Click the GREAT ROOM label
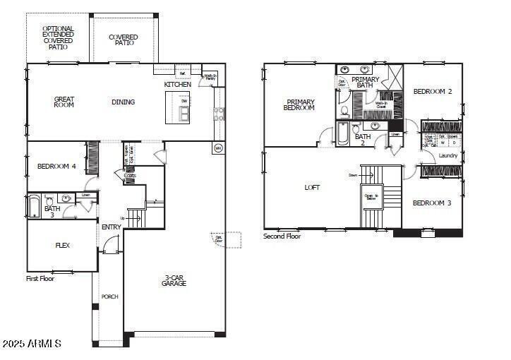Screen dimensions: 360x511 click(x=64, y=102)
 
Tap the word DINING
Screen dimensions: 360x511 click(x=123, y=102)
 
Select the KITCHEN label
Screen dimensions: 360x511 click(x=177, y=85)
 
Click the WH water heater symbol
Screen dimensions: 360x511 click(x=217, y=148)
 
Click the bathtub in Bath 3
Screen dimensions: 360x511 click(x=34, y=206)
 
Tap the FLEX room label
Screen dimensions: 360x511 click(x=62, y=246)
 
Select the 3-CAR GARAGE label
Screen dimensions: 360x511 click(x=174, y=280)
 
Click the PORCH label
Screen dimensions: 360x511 click(x=109, y=296)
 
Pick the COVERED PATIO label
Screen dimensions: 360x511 click(x=124, y=40)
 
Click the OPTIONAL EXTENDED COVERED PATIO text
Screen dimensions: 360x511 click(x=58, y=38)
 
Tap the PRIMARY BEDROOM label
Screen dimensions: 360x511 click(x=299, y=104)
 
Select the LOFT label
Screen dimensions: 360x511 click(x=312, y=188)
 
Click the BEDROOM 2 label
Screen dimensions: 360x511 click(x=433, y=91)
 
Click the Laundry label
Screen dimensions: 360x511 click(x=447, y=155)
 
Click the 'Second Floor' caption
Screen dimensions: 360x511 click(x=282, y=236)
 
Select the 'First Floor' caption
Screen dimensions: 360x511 click(x=40, y=278)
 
